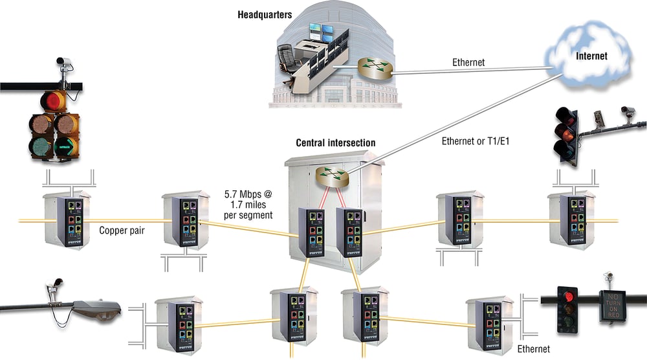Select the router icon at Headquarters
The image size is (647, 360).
click(373, 67)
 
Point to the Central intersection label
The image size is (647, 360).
click(335, 142)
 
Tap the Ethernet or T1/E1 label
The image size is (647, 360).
click(474, 142)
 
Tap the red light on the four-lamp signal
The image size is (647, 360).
click(52, 100)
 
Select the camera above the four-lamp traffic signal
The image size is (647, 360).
click(63, 63)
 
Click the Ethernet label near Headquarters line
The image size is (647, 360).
click(468, 62)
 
